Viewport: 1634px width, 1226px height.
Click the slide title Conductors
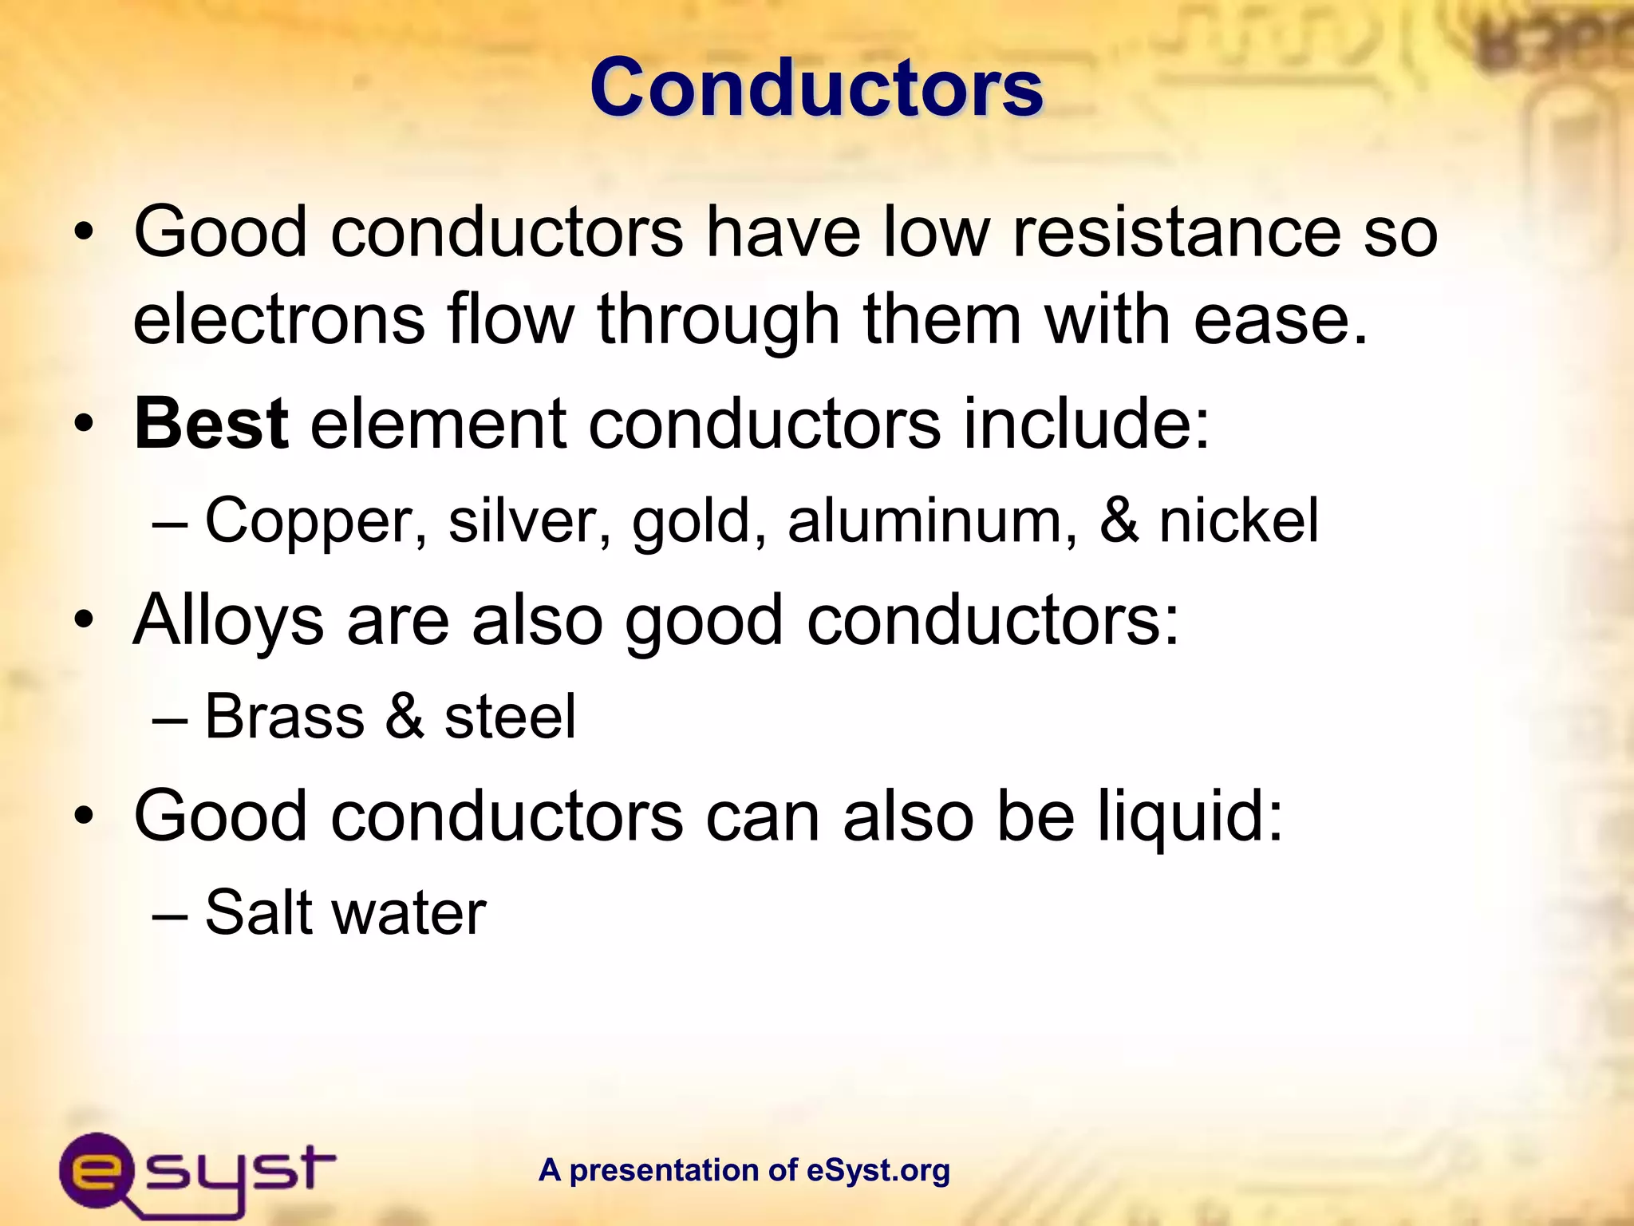click(816, 88)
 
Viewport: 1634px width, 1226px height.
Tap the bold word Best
click(211, 424)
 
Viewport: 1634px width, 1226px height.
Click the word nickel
click(1238, 520)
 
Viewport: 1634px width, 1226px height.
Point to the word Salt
click(259, 912)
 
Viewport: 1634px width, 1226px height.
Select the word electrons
click(279, 319)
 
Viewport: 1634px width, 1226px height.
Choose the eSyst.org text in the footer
click(878, 1170)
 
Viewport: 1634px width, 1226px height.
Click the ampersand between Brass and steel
click(405, 716)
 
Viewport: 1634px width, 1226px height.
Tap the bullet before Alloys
click(85, 621)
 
